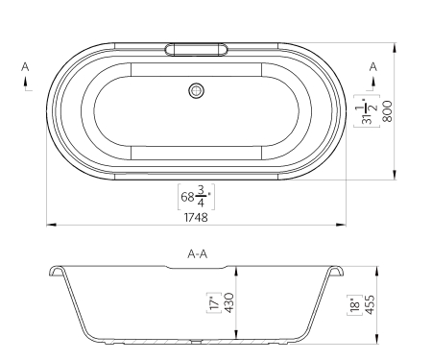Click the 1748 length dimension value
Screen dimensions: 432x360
pos(196,218)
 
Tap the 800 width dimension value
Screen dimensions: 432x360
pos(388,111)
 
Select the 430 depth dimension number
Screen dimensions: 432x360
pos(229,302)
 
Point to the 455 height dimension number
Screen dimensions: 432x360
pos(370,304)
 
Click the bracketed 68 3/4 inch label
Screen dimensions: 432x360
pos(196,197)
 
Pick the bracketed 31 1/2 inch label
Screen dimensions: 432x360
pos(367,111)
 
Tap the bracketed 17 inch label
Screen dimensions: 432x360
pos(215,302)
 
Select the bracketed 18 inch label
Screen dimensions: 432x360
pos(355,304)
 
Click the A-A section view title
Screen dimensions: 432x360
pos(197,254)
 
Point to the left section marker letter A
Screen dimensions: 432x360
pos(25,67)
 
